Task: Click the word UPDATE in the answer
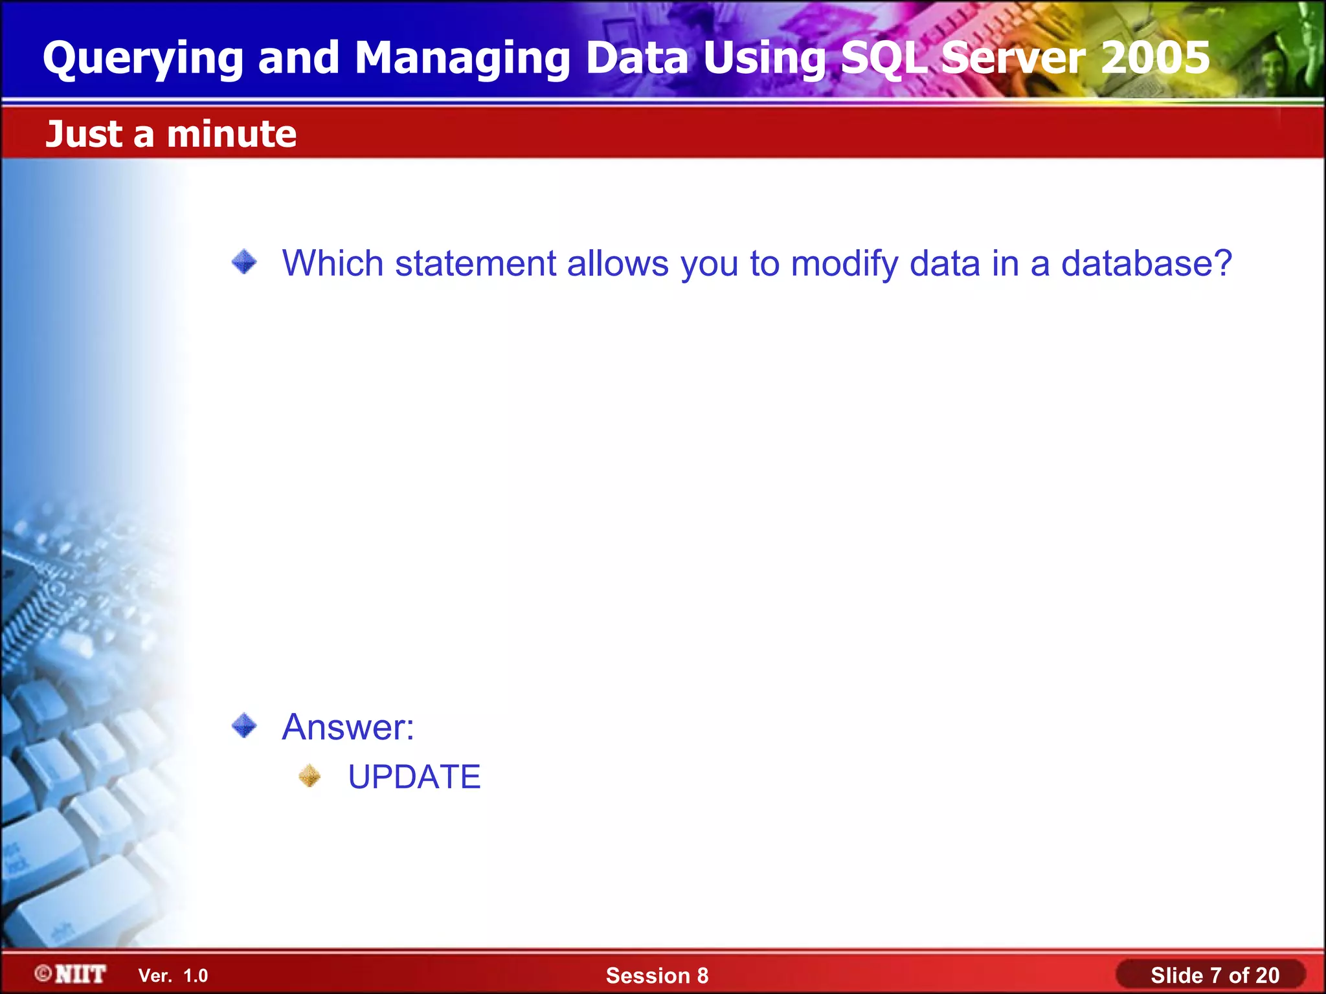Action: [414, 777]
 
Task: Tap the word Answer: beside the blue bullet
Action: [348, 727]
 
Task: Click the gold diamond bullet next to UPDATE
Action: [309, 776]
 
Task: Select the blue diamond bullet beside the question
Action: [244, 262]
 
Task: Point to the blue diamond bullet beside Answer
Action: [244, 725]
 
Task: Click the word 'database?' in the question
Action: [1146, 263]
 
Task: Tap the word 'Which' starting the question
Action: [333, 263]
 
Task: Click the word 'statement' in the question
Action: [475, 263]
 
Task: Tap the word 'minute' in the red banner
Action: [231, 134]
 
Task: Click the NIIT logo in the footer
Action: [71, 974]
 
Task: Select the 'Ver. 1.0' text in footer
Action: [173, 975]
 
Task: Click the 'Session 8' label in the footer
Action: [657, 975]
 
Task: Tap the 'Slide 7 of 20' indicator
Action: [1215, 975]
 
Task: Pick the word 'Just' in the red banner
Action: [84, 134]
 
